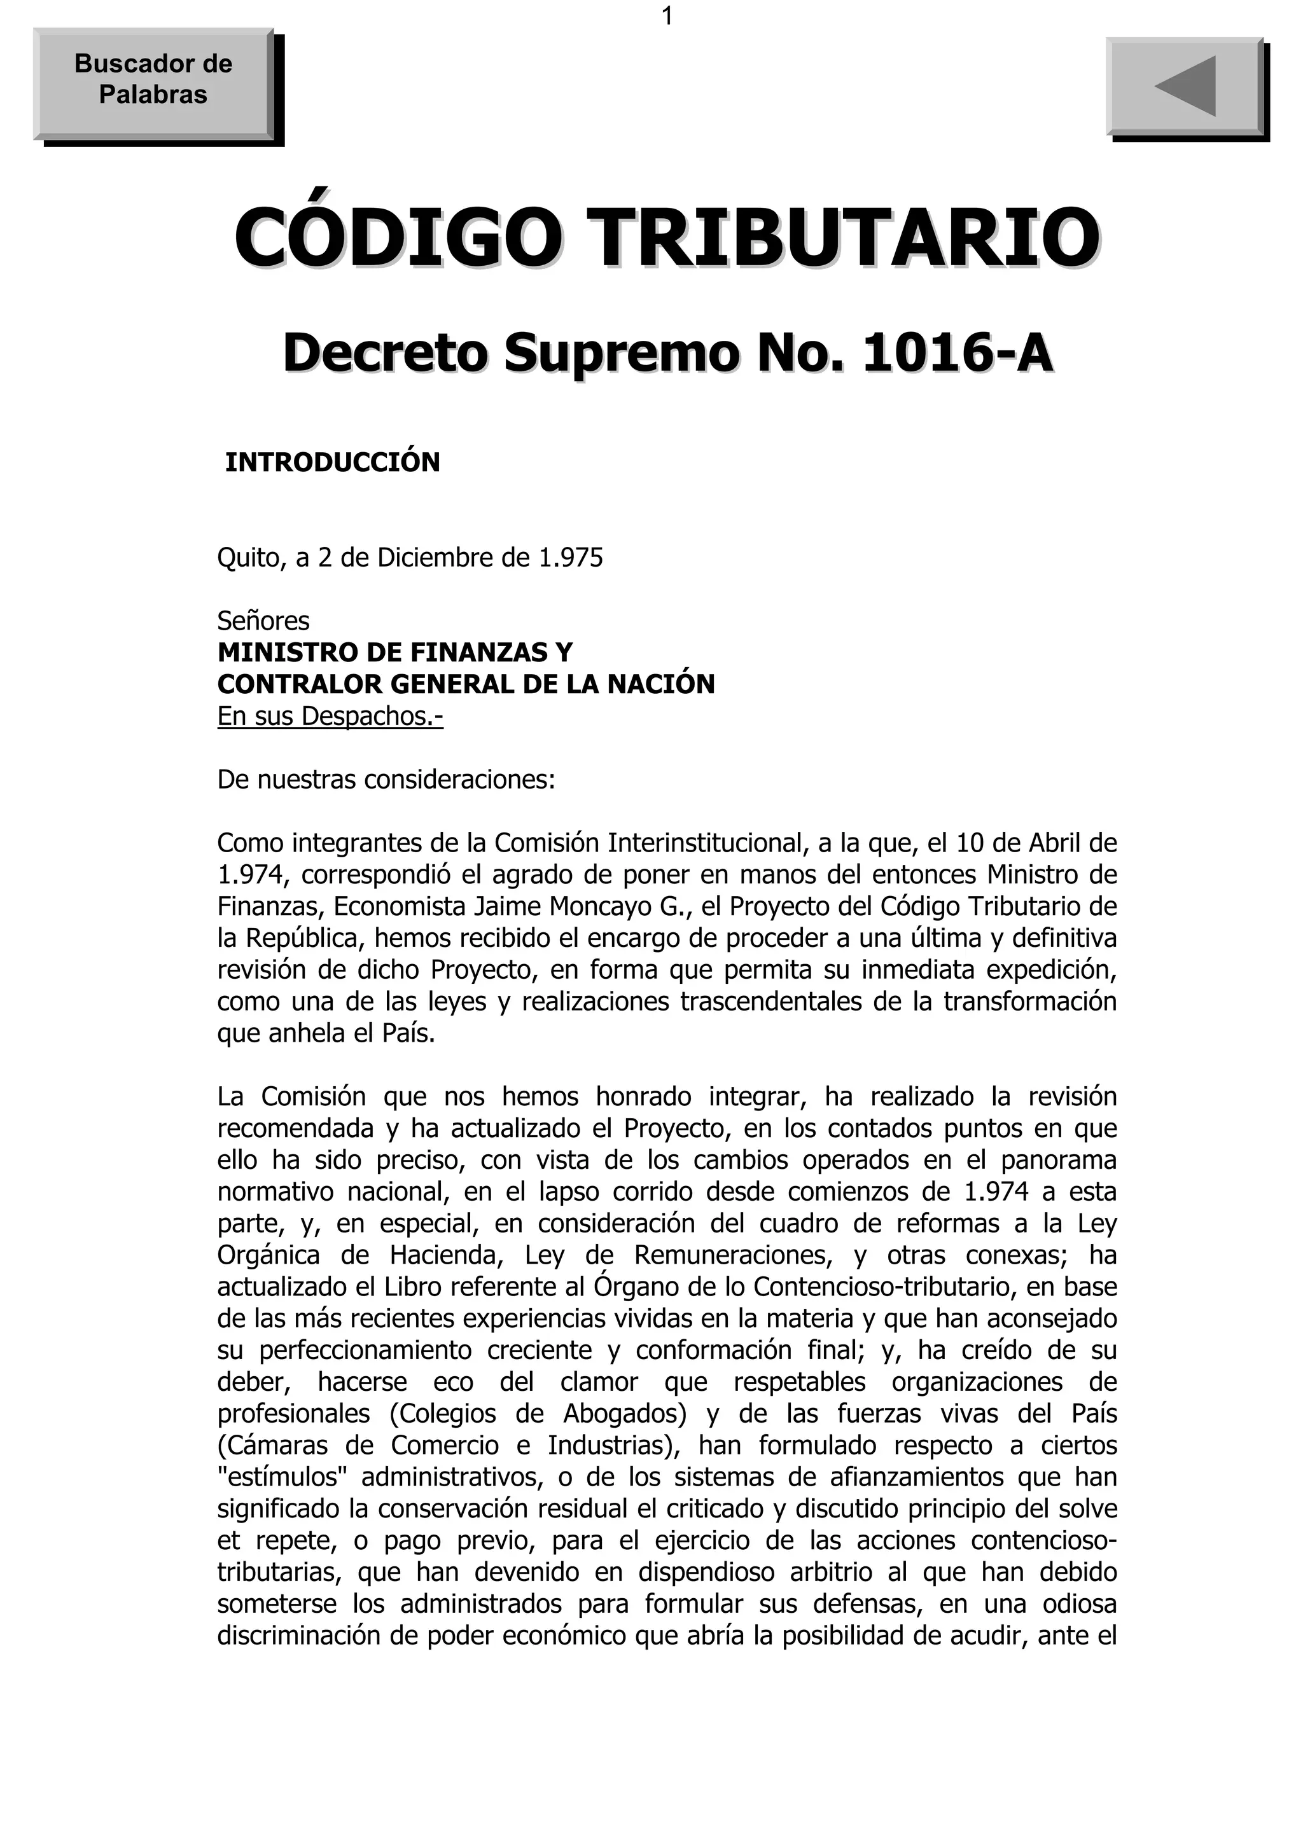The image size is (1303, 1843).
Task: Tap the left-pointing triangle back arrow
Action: tap(1186, 86)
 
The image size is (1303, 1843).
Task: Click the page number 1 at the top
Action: tap(666, 16)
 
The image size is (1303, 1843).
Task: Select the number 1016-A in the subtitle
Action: tap(956, 353)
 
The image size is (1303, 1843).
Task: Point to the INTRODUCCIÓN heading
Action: tap(332, 463)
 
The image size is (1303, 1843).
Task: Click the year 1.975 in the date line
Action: tap(570, 558)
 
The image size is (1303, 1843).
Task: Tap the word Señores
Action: tap(263, 621)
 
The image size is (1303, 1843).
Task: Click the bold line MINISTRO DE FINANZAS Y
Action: tap(395, 652)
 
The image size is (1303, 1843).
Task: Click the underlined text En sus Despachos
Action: tap(330, 716)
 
